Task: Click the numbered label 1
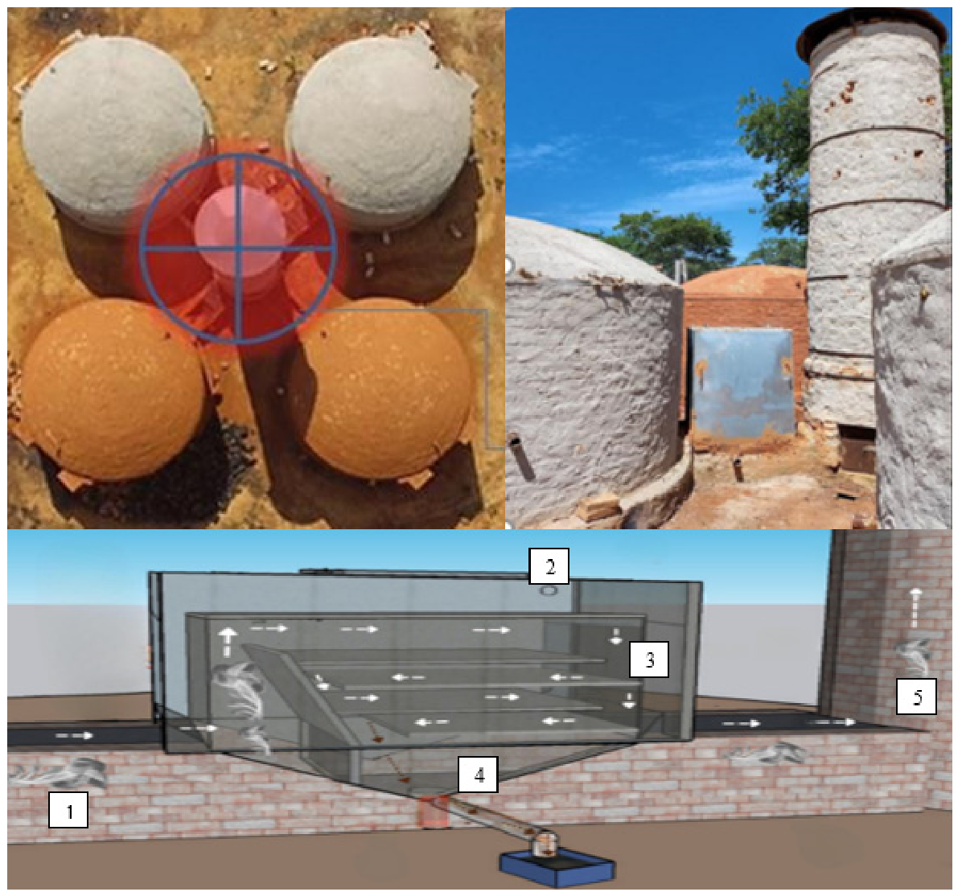[68, 811]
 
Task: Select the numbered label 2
[549, 566]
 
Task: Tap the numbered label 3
[649, 660]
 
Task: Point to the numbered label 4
[479, 775]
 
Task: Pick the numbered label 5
[917, 697]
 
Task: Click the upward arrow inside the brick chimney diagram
[915, 608]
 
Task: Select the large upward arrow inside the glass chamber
[228, 641]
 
